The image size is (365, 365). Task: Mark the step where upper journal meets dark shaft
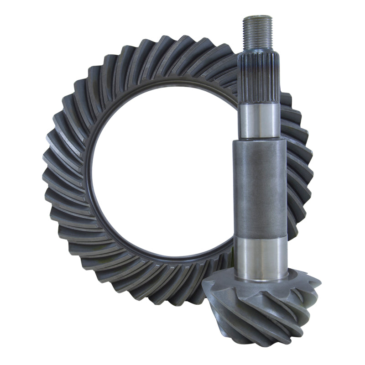pyautogui.click(x=260, y=140)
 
